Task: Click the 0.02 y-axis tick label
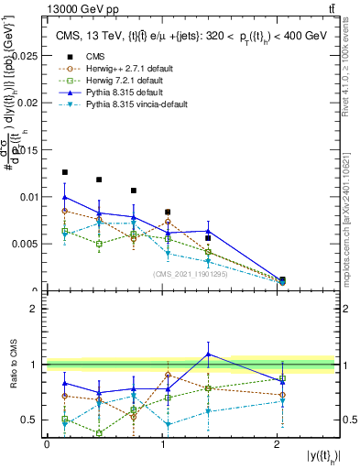pyautogui.click(x=28, y=103)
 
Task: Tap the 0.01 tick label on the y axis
pyautogui.click(x=28, y=197)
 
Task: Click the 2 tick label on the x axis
pyautogui.click(x=278, y=444)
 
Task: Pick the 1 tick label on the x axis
pyautogui.click(x=162, y=444)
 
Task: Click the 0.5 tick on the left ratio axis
pyautogui.click(x=31, y=420)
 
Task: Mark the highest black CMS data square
pyautogui.click(x=64, y=172)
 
